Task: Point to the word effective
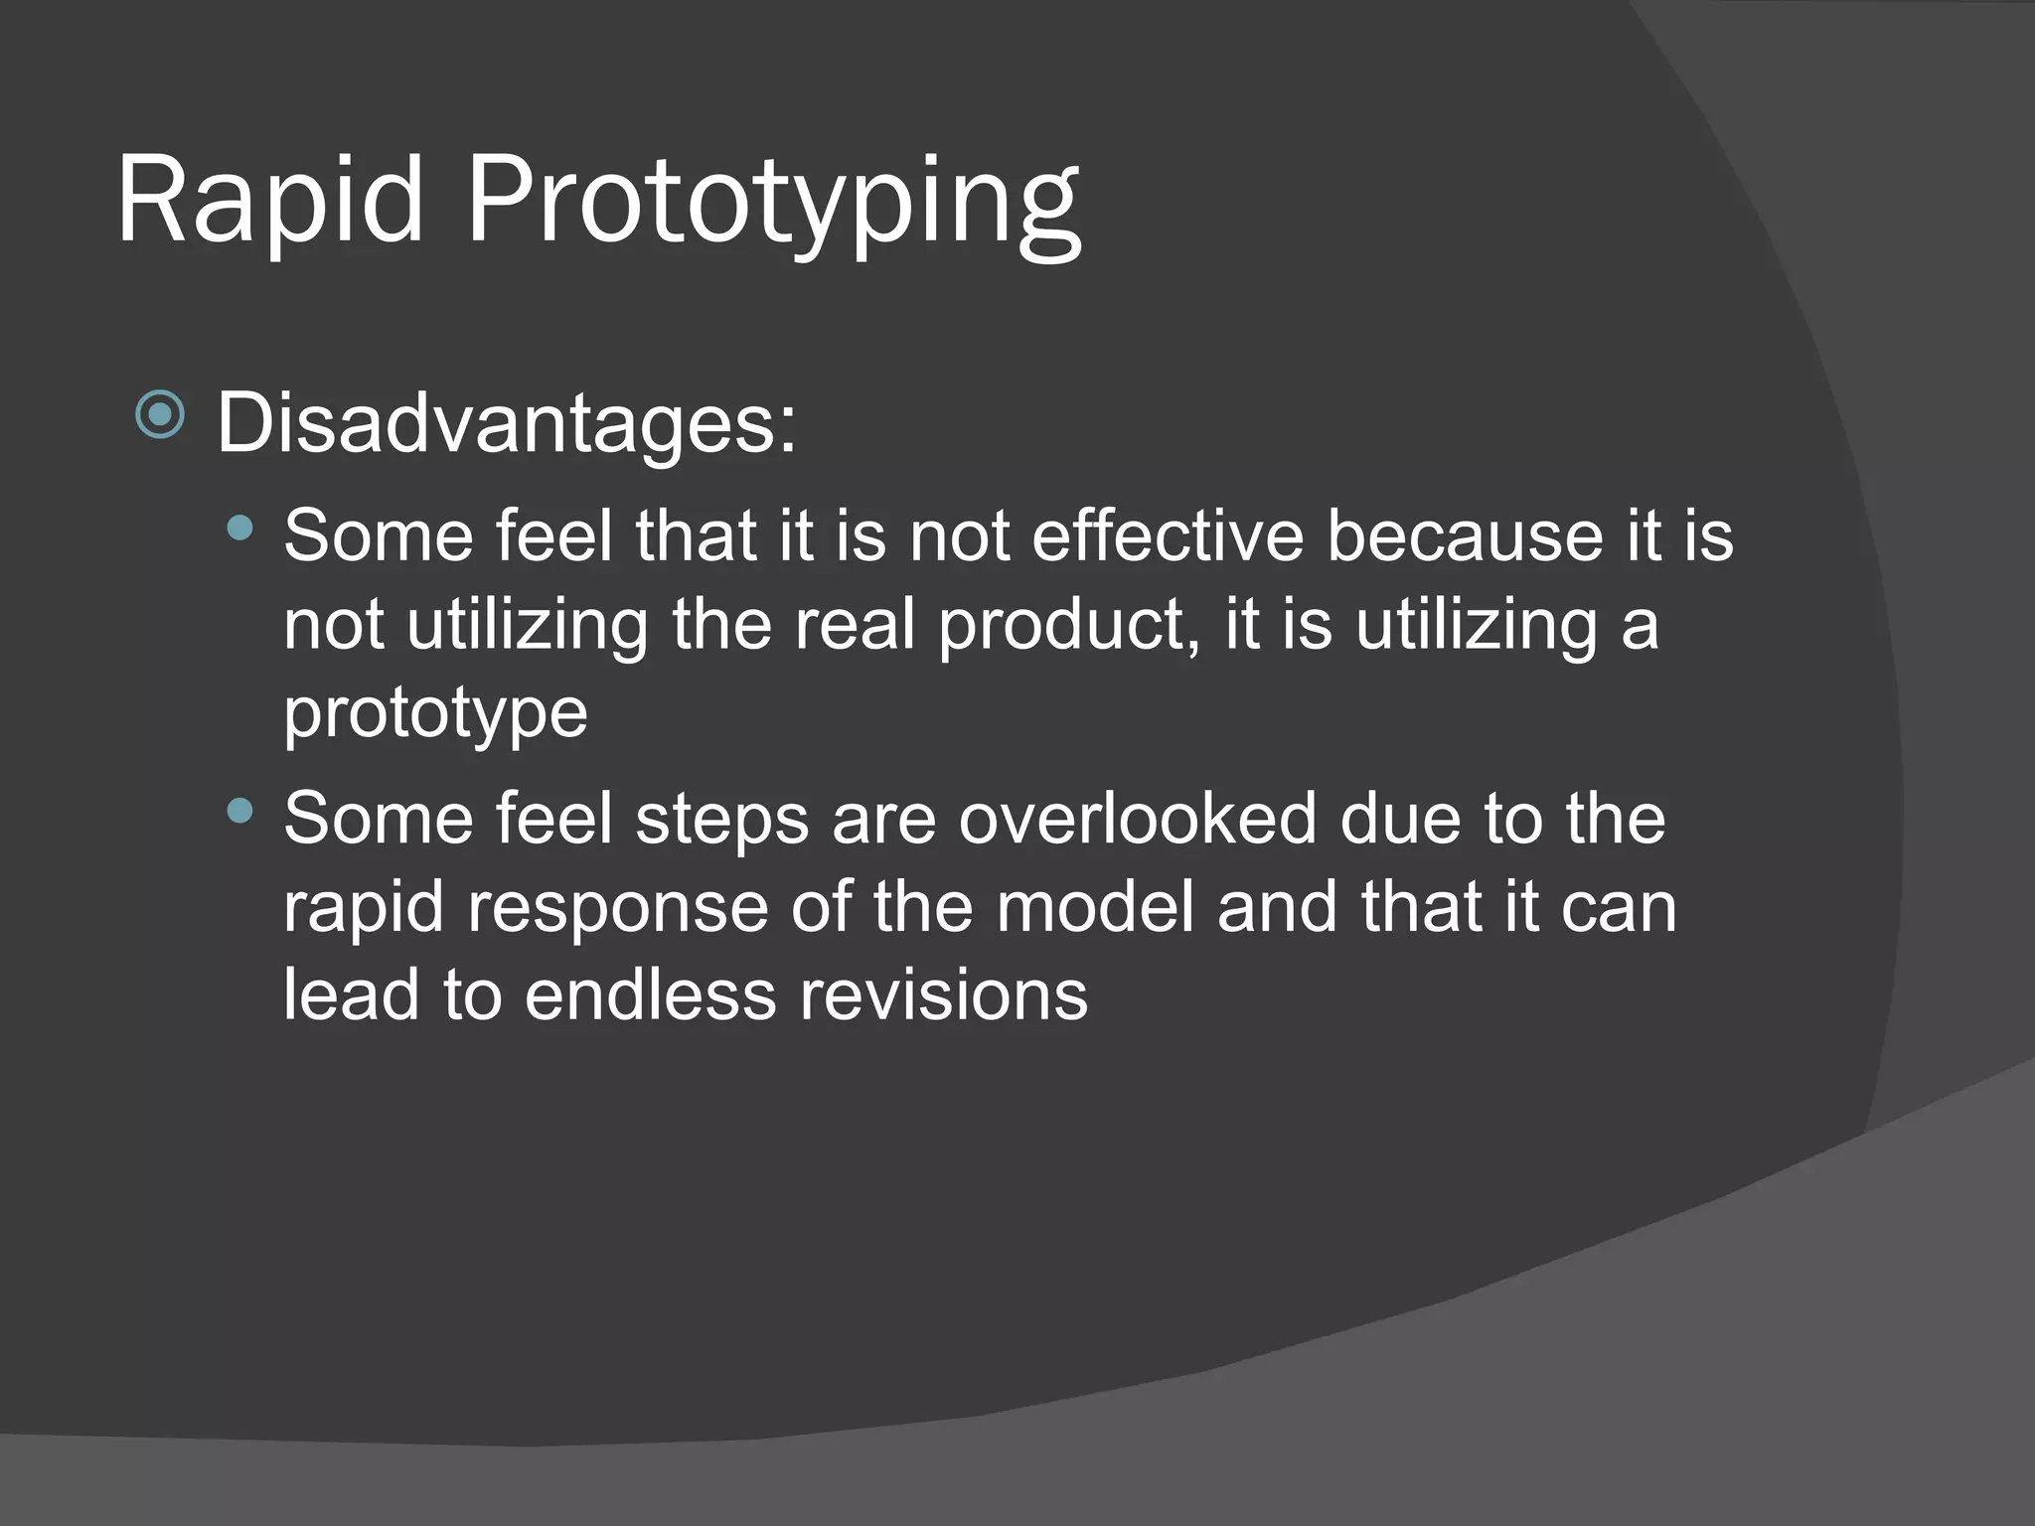tap(1168, 536)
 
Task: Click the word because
tap(1465, 536)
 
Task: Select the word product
tap(1067, 626)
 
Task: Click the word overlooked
tap(1137, 819)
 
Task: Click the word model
tap(1094, 907)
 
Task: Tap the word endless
tap(650, 995)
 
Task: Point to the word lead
tap(351, 995)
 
